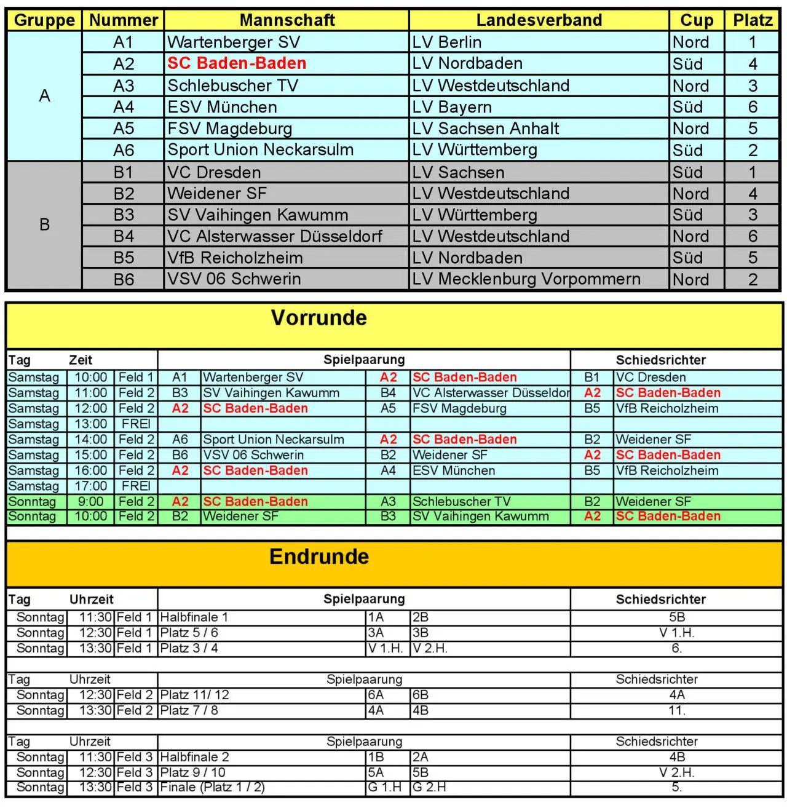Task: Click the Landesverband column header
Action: [x=539, y=20]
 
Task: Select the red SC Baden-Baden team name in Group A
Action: [x=237, y=63]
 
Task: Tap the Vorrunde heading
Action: [x=318, y=318]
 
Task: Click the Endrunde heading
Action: [x=319, y=556]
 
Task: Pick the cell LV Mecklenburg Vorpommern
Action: [x=526, y=279]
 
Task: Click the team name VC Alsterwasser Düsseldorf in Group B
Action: [x=275, y=236]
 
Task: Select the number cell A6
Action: [x=124, y=150]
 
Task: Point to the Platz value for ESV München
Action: [x=753, y=107]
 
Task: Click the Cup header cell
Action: [x=697, y=20]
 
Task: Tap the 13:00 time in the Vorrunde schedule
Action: [x=91, y=424]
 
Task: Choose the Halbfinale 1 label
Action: [x=194, y=617]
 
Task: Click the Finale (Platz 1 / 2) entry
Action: [x=213, y=788]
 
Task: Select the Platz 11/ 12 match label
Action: [x=195, y=695]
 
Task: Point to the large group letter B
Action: [x=44, y=225]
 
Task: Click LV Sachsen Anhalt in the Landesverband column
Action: [x=486, y=129]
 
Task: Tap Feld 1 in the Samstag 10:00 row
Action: [x=136, y=378]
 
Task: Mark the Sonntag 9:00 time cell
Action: [x=91, y=502]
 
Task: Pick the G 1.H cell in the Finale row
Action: [x=385, y=788]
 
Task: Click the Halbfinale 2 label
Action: [x=195, y=757]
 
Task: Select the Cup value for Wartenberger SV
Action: [x=691, y=42]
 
